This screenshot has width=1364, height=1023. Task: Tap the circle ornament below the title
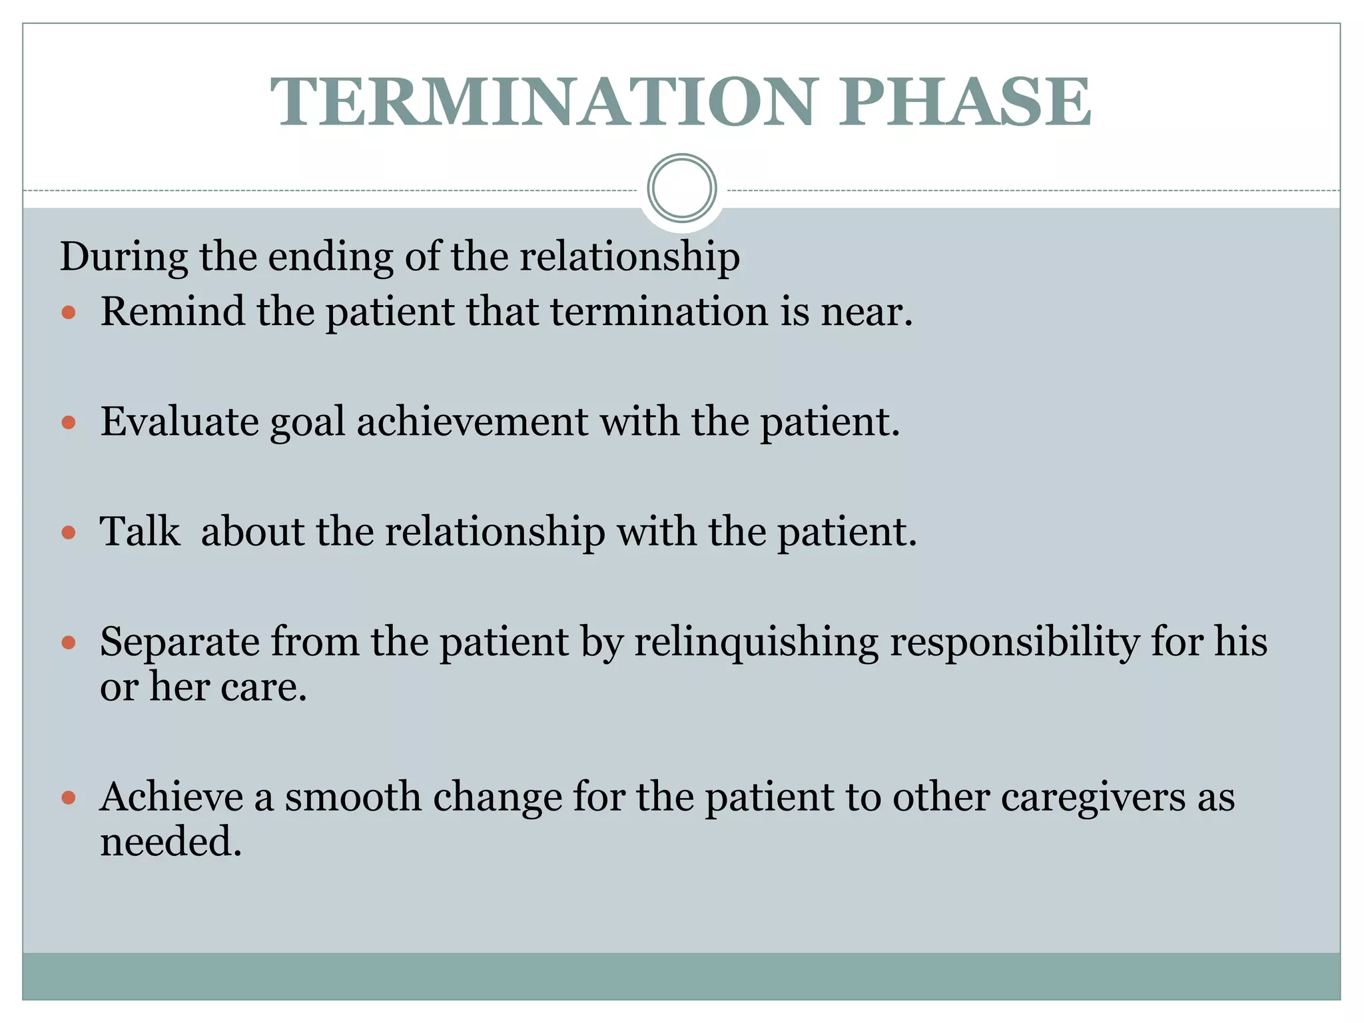click(x=681, y=188)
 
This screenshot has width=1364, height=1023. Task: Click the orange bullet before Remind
click(x=69, y=312)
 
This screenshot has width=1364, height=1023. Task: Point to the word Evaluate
click(x=179, y=422)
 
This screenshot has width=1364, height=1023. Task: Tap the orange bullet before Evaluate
click(x=69, y=422)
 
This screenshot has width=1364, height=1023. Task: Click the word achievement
click(x=472, y=422)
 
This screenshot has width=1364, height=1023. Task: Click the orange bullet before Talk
click(x=69, y=532)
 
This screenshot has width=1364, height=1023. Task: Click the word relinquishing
click(x=756, y=642)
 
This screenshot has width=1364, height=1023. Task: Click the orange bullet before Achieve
click(x=69, y=797)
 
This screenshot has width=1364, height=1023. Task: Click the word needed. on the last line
click(x=170, y=841)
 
